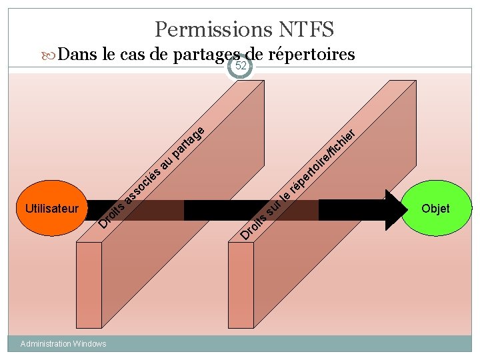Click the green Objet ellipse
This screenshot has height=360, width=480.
[x=435, y=209]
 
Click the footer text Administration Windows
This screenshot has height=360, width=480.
[x=63, y=344]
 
